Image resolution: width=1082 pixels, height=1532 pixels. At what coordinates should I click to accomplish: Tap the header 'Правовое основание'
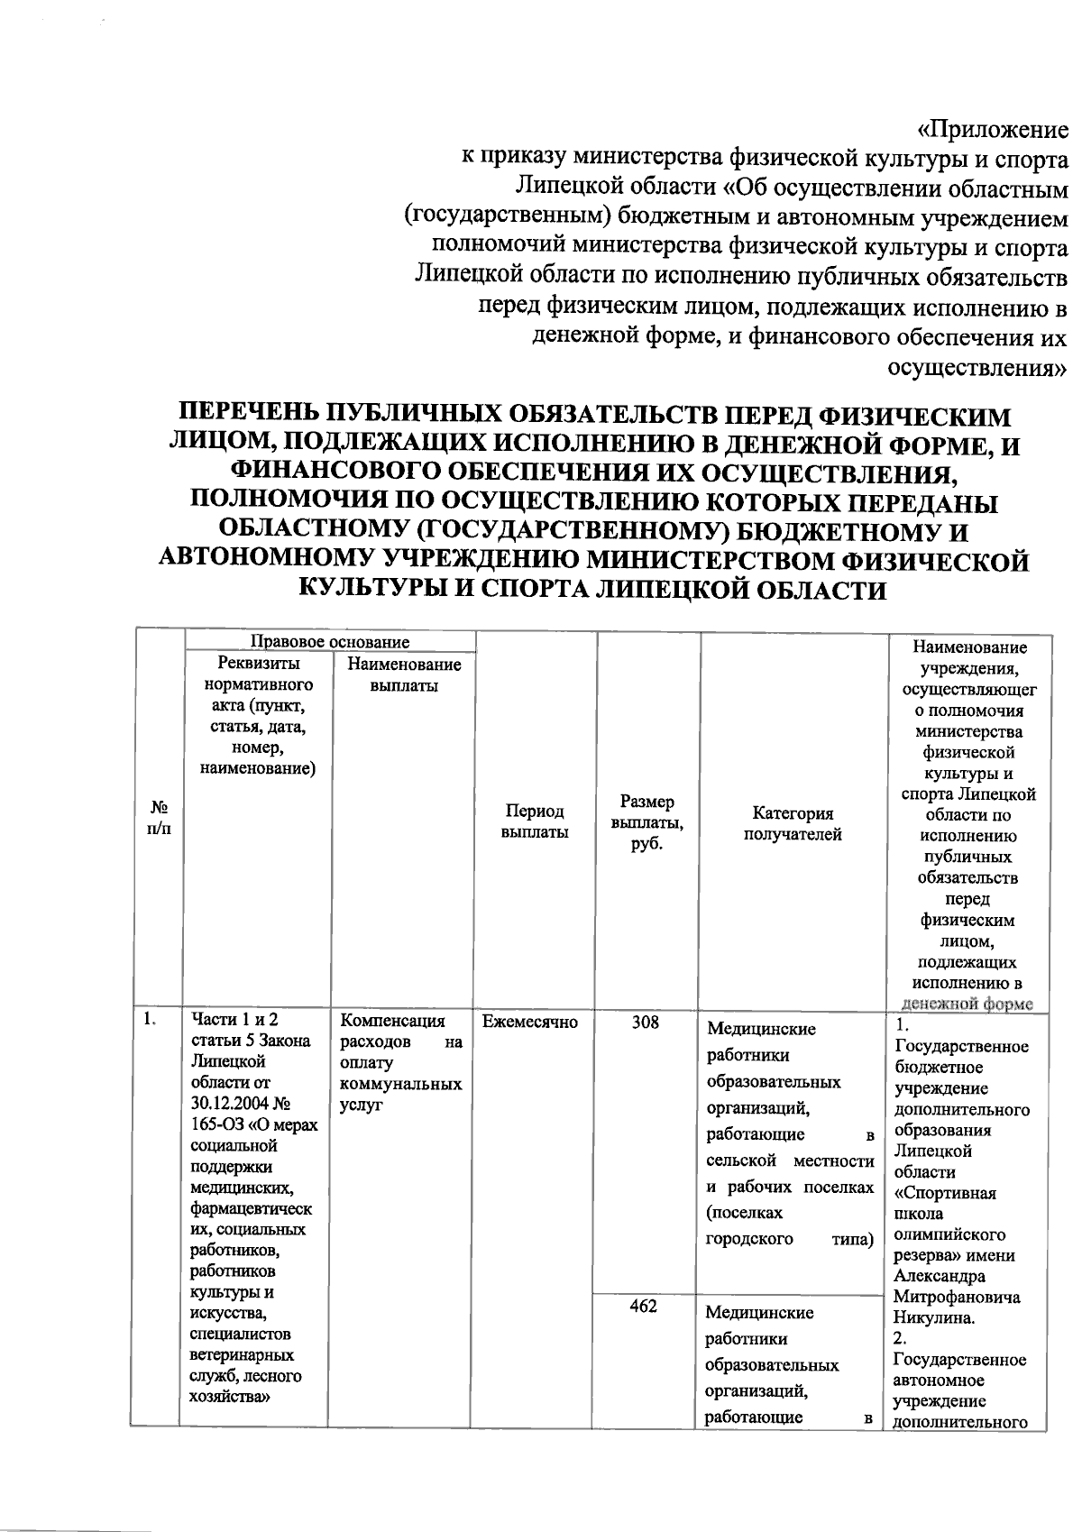click(x=329, y=642)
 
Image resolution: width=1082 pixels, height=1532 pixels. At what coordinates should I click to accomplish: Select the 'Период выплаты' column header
click(x=535, y=821)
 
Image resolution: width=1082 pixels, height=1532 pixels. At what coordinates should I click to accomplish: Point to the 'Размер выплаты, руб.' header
click(x=647, y=821)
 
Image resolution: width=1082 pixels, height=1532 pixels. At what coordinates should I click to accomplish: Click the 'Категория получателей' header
click(x=793, y=823)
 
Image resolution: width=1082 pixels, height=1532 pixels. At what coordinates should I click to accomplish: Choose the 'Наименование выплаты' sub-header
click(x=403, y=674)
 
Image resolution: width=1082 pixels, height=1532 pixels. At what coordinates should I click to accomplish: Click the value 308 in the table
click(x=646, y=1023)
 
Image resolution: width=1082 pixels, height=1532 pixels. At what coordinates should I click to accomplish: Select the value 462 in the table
click(x=643, y=1307)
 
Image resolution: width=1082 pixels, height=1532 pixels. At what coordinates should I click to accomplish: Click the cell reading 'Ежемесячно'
click(x=530, y=1022)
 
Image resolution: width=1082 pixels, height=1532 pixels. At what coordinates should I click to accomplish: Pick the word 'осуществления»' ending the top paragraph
click(x=978, y=368)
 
